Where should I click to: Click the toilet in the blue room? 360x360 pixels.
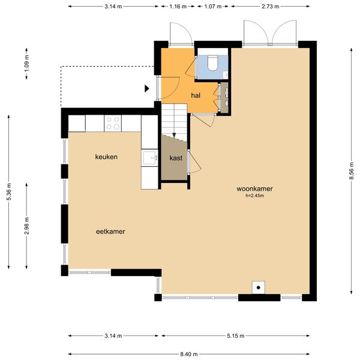coord(213,63)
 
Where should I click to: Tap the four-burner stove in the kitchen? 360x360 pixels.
coord(113,123)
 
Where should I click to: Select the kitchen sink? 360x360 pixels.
coord(149,158)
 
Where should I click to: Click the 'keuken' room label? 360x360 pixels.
coord(106,157)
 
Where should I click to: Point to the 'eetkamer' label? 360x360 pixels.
coord(110,231)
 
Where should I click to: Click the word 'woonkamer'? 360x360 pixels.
coord(254,188)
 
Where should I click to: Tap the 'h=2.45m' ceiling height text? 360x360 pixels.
coord(254,196)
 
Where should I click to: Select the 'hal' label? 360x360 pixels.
coord(196,95)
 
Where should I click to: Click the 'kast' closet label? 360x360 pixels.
coord(176,158)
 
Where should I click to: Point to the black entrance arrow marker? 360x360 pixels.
coord(146,89)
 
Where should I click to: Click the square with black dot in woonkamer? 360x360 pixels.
coord(259,287)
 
